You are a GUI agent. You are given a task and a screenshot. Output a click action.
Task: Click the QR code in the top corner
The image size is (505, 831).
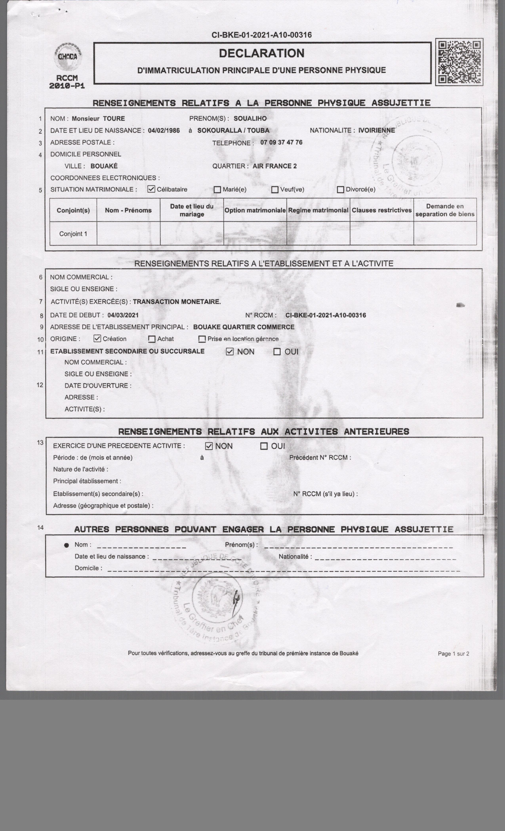(x=459, y=62)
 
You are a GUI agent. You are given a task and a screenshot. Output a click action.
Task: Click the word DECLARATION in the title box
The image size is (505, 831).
(x=262, y=53)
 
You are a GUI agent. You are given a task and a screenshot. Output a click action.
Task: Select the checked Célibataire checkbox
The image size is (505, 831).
(x=151, y=189)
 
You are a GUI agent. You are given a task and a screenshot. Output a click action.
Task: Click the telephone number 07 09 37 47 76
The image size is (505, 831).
(x=281, y=142)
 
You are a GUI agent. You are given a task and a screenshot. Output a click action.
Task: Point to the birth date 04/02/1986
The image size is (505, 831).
(x=164, y=131)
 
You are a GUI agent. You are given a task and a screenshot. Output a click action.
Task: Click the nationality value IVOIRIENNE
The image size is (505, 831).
(x=376, y=130)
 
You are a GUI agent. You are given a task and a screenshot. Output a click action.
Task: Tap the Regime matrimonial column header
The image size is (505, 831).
(x=318, y=210)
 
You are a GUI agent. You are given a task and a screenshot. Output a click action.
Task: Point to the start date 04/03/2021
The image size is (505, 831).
(x=123, y=315)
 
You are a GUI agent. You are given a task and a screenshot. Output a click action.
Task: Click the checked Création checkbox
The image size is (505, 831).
(x=97, y=338)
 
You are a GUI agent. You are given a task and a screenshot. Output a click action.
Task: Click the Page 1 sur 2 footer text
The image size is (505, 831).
(x=453, y=654)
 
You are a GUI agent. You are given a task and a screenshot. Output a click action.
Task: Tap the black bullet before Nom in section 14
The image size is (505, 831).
(x=67, y=545)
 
